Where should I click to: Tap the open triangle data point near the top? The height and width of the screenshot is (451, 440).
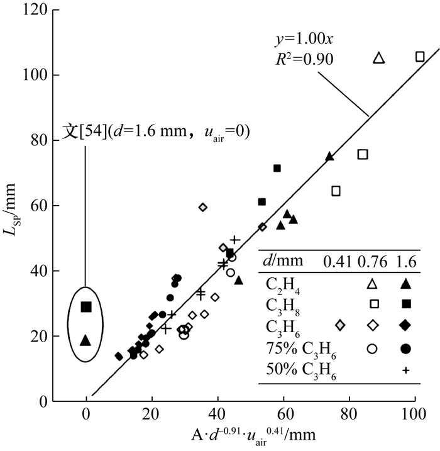pyautogui.click(x=378, y=58)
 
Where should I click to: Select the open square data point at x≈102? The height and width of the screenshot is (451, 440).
pyautogui.click(x=420, y=57)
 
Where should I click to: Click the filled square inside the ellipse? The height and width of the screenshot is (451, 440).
pyautogui.click(x=86, y=307)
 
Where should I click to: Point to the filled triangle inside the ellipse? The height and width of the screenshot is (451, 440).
pyautogui.click(x=85, y=340)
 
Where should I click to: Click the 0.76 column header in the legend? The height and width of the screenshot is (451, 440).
pyautogui.click(x=374, y=260)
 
